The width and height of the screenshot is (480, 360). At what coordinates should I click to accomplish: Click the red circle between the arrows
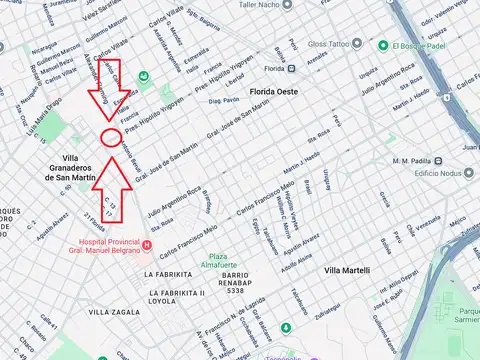pyautogui.click(x=112, y=136)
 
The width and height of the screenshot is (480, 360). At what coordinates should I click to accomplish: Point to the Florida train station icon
pyautogui.click(x=253, y=69)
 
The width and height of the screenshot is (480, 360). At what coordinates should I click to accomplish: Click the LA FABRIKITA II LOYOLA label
pyautogui.click(x=175, y=295)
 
